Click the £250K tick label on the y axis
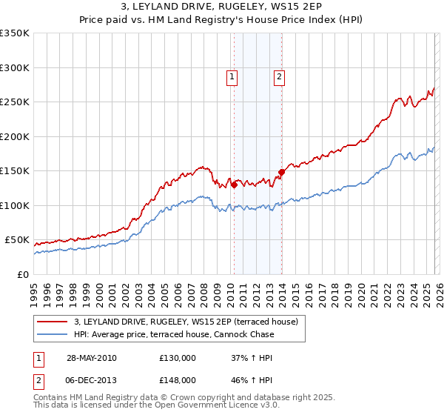[x=15, y=102]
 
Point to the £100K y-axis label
[x=15, y=205]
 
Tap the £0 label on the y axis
[x=22, y=274]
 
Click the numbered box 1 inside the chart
[x=232, y=76]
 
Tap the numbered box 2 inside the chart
[x=280, y=76]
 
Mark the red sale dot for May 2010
[x=234, y=185]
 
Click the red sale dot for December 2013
[x=281, y=173]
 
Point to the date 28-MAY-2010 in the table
[x=91, y=358]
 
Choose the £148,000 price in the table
[x=178, y=379]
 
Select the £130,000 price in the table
[x=178, y=358]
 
